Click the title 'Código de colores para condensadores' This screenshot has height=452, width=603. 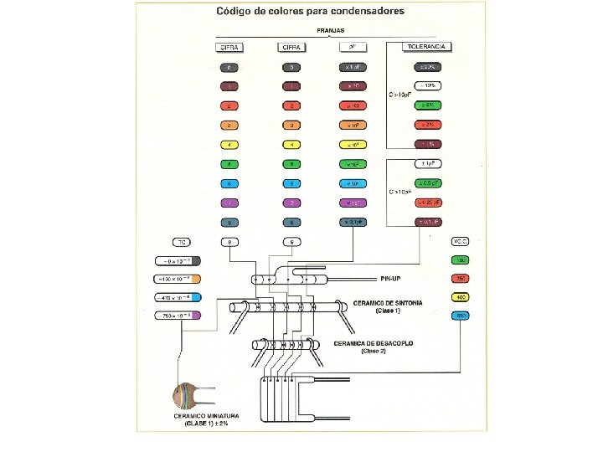[310, 12]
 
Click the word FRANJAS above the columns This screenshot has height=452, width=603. [331, 30]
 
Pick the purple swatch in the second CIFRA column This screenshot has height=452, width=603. [291, 203]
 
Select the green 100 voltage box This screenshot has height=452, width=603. [461, 259]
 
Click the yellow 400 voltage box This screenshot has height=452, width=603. [461, 297]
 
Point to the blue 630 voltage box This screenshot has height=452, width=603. [461, 316]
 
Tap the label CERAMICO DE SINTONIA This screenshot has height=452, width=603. [387, 302]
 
